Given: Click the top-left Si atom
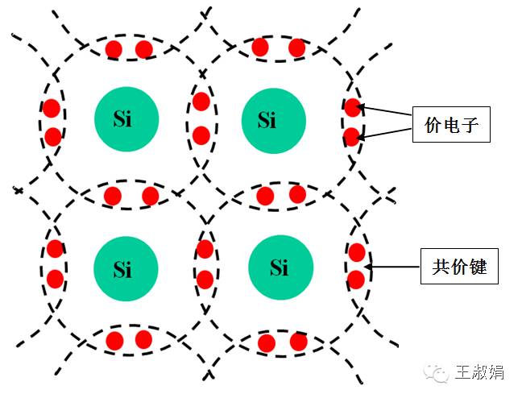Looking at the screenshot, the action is click(x=126, y=119).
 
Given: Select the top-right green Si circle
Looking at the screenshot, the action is click(x=274, y=121).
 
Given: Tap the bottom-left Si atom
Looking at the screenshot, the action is click(x=126, y=268).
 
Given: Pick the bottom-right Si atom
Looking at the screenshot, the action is click(x=281, y=267).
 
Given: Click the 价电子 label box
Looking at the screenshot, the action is click(x=451, y=125).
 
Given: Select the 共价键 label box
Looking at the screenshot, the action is click(x=459, y=266).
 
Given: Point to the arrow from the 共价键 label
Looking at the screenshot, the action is click(x=392, y=267).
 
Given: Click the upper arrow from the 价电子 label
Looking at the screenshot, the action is click(x=385, y=110).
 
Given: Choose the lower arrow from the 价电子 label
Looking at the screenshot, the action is click(x=385, y=133).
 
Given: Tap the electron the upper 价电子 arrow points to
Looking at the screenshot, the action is click(x=352, y=107).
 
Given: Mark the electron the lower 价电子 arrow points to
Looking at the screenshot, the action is click(x=351, y=137).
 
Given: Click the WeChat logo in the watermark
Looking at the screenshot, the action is click(x=436, y=372).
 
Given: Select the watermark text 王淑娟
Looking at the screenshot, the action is click(x=480, y=372).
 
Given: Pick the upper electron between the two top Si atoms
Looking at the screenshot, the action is click(x=201, y=102).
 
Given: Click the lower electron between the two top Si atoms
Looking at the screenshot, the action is click(x=201, y=135).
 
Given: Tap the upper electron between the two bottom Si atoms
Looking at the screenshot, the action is click(x=205, y=249).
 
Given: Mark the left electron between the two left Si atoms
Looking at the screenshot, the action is click(x=113, y=196).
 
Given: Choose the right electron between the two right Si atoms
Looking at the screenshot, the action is click(x=297, y=194).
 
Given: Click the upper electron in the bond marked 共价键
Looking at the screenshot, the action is click(x=357, y=252).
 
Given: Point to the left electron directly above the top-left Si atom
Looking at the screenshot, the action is click(x=114, y=49).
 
